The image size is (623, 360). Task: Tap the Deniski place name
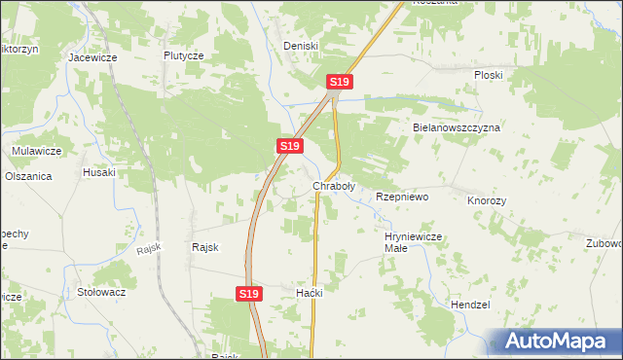(301, 46)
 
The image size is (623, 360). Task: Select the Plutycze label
(183, 56)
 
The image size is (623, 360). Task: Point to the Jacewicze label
(92, 57)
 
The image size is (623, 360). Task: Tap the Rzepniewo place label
(402, 197)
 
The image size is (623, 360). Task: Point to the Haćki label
(309, 293)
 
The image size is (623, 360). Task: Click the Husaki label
(99, 172)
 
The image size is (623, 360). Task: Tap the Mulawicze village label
(37, 151)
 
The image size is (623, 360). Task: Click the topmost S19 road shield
(339, 83)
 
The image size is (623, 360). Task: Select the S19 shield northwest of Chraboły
(288, 145)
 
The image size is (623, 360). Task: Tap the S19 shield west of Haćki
(248, 292)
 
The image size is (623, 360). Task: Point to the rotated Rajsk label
(148, 249)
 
